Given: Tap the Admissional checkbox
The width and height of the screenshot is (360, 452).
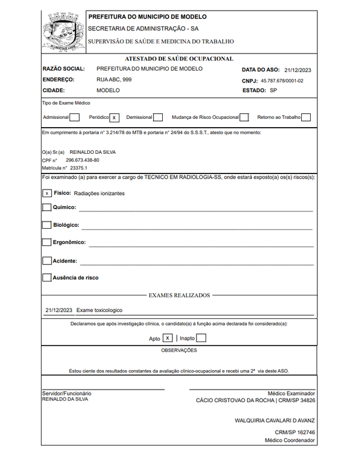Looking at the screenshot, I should pos(75,117).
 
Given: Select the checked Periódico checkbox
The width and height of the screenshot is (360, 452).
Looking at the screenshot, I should pos(115,117).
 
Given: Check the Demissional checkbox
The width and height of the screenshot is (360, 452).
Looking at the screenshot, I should pos(159,117).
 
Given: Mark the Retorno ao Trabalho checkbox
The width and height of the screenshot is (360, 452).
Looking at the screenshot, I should pos(306,117).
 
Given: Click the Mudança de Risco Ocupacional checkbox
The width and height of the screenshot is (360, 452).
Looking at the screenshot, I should pos(244,117).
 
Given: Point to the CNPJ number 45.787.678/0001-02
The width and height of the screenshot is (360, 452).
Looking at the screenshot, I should pos(282,80).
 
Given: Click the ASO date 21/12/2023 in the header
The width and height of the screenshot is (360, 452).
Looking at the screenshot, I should pos(298,69).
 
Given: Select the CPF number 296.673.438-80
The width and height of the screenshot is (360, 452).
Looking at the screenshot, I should pos(82,160).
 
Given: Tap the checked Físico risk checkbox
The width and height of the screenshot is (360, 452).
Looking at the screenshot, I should pos(47,194).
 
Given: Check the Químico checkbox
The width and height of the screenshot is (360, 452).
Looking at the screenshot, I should pos(47,207).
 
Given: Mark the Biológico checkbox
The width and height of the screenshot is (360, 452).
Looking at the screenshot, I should pos(47,225).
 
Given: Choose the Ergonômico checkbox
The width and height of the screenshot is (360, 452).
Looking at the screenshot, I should pos(47,242).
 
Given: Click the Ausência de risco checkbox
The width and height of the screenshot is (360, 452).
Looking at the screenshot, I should pos(47,277).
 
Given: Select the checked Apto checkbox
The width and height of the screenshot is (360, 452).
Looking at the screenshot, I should pos(168,338).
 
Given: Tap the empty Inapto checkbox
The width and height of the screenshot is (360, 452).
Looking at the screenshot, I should pos(201,338).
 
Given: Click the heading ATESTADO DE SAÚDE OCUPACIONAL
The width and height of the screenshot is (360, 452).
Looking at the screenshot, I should pos(179,59).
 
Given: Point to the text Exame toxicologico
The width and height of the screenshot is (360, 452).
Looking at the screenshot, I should pos(100,310).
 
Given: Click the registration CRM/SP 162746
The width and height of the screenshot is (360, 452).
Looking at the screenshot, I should pos(295,432).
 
